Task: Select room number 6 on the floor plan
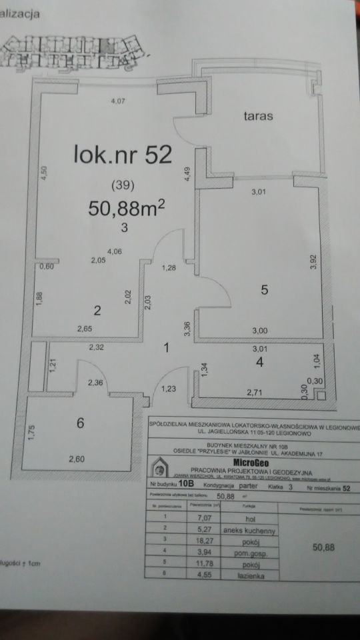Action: (x=80, y=423)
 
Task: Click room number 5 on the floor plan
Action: (x=264, y=291)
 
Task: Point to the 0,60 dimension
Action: (x=47, y=267)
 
